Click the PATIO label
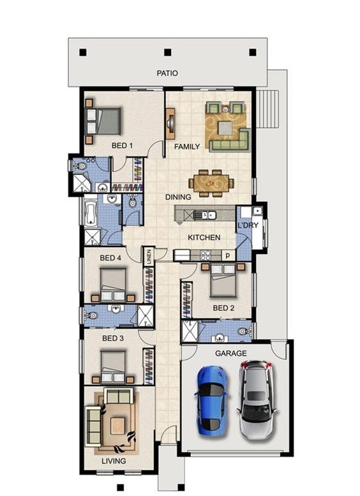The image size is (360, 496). click(167, 73)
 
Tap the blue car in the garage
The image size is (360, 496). click(211, 400)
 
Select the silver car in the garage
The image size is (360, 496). click(257, 400)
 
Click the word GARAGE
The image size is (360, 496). click(230, 353)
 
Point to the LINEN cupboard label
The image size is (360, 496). click(149, 255)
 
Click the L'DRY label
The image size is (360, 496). click(248, 225)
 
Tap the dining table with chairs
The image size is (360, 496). click(211, 183)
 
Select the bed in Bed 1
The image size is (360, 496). click(103, 121)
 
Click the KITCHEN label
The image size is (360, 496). click(204, 237)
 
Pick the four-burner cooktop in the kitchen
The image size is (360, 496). click(206, 255)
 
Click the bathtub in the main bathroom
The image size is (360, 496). click(91, 211)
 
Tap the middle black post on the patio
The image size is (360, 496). click(168, 52)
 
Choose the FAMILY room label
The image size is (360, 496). click(187, 146)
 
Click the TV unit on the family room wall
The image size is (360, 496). click(171, 123)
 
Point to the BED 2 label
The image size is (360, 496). click(223, 308)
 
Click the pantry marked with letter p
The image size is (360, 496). click(228, 255)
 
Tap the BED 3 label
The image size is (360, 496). click(112, 338)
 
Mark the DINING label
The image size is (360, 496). click(178, 197)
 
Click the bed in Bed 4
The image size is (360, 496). click(113, 285)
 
